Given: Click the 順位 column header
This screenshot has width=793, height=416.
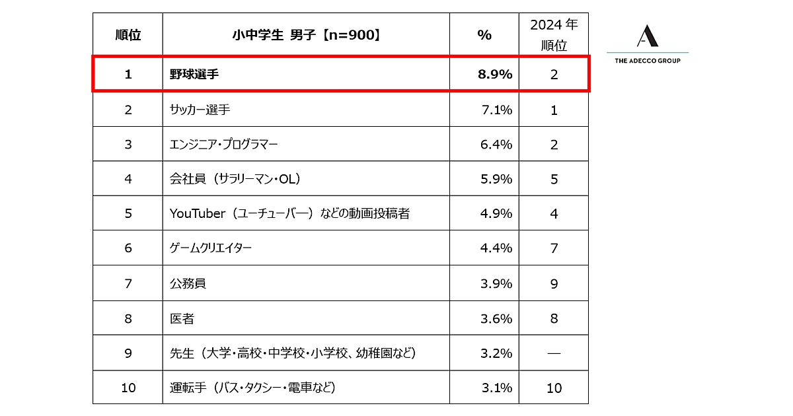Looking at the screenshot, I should pyautogui.click(x=128, y=35).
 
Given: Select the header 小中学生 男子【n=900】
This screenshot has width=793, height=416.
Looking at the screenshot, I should pyautogui.click(x=306, y=35).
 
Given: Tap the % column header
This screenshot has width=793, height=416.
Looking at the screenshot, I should pyautogui.click(x=484, y=35).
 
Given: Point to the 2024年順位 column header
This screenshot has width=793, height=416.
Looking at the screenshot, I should pyautogui.click(x=554, y=35).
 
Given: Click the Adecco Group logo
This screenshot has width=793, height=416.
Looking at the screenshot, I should pyautogui.click(x=648, y=44).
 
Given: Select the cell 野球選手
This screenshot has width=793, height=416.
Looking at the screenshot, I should pyautogui.click(x=194, y=75).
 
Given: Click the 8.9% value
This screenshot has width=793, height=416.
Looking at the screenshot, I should pyautogui.click(x=495, y=75).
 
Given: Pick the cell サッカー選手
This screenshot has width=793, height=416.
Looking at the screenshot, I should pyautogui.click(x=200, y=110).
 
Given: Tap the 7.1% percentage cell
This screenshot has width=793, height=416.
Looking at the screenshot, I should pyautogui.click(x=496, y=110).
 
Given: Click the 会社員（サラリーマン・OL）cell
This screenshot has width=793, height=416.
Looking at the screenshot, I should pyautogui.click(x=236, y=179).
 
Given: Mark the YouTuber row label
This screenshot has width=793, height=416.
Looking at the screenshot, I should pyautogui.click(x=289, y=213).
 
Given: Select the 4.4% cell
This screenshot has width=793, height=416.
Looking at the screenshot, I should pyautogui.click(x=496, y=248).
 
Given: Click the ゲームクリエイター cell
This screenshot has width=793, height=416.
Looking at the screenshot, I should pyautogui.click(x=211, y=248).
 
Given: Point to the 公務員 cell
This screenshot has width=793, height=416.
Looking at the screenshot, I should pyautogui.click(x=188, y=283).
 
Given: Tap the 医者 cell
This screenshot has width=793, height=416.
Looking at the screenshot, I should pyautogui.click(x=182, y=318).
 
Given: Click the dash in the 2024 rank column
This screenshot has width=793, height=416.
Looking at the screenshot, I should pyautogui.click(x=554, y=353).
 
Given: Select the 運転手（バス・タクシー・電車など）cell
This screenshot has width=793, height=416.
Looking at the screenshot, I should pyautogui.click(x=252, y=388).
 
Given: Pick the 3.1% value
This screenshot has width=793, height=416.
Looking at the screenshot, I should pyautogui.click(x=496, y=388).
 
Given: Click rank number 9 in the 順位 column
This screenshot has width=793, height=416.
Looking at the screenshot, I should pyautogui.click(x=128, y=353).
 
